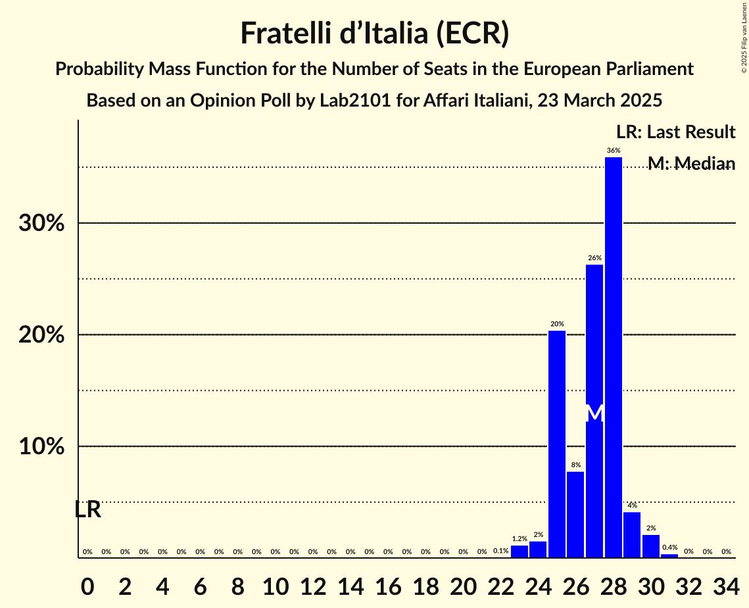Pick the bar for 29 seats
pos(632,534)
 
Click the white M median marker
pos(594,413)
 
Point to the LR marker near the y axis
pos(87,509)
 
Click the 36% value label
pos(613,151)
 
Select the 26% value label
pos(594,258)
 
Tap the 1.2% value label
pos(519,539)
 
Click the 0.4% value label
pos(669,547)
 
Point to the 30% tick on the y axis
pos(41,223)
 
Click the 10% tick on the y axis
pos(41,446)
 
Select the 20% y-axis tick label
pos(41,335)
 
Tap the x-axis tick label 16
pos(388,584)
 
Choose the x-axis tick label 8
pos(238,584)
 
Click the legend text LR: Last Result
pos(675,132)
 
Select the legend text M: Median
pos(691,163)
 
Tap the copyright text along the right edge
pos(744,37)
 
